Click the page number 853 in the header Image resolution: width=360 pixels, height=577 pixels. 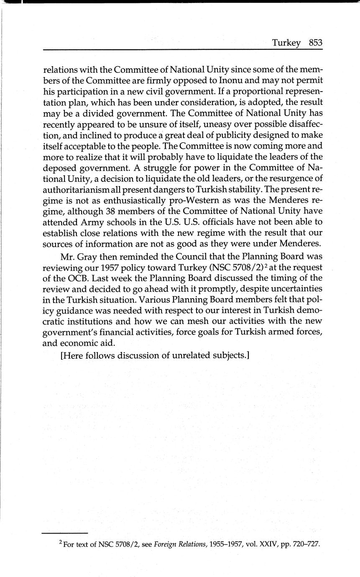316,43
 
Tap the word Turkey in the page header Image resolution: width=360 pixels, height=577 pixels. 286,43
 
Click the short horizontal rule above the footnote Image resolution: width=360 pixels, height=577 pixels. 65,534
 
